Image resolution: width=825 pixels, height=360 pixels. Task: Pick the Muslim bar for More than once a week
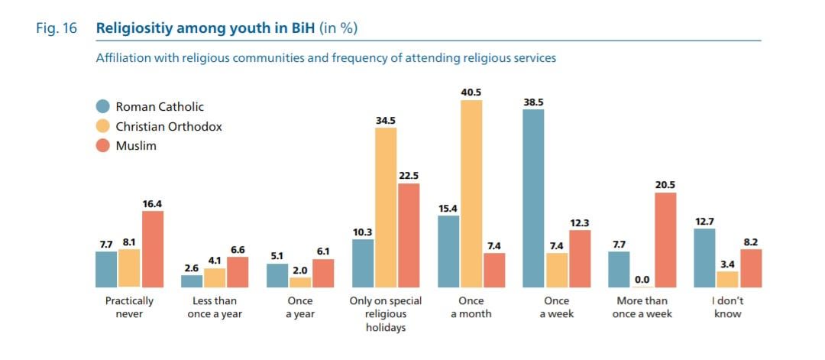[x=665, y=239]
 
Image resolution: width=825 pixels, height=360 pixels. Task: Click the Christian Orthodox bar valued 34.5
[x=386, y=207]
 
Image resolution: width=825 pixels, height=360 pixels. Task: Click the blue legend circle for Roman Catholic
[x=102, y=107]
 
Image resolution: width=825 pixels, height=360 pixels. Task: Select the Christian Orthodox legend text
[x=169, y=127]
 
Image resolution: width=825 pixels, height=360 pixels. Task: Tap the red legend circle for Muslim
[x=102, y=146]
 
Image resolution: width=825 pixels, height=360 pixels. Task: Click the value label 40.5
[x=471, y=92]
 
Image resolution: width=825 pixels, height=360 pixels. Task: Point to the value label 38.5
[x=533, y=102]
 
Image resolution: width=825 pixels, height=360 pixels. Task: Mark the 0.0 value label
[x=642, y=280]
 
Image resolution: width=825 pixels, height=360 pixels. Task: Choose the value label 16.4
[x=153, y=203]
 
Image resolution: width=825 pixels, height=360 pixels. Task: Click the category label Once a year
[x=300, y=307]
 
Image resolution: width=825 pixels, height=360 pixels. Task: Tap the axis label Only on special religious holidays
[x=386, y=314]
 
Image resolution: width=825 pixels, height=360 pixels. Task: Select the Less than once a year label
[x=215, y=307]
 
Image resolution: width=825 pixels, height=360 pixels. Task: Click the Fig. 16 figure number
[x=57, y=29]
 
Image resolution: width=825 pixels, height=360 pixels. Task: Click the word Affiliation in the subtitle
[x=122, y=58]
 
